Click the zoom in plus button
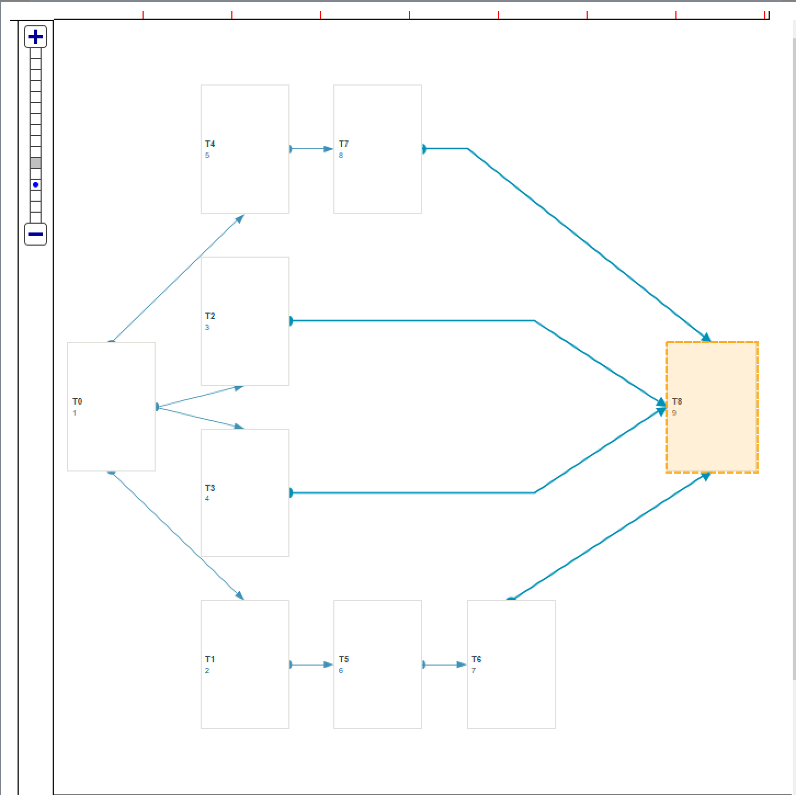click(36, 37)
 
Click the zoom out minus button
click(36, 234)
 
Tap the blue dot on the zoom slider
click(36, 185)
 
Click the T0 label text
click(77, 401)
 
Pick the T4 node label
click(210, 144)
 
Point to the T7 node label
click(344, 144)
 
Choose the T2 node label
click(210, 316)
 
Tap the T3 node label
click(210, 488)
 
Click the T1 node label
click(210, 659)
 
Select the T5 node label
click(344, 659)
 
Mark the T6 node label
click(476, 659)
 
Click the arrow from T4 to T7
click(311, 149)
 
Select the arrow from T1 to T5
click(311, 665)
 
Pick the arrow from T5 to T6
click(445, 665)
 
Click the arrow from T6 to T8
click(609, 537)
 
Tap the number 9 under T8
click(674, 413)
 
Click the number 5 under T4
click(207, 155)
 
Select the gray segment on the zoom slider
click(36, 163)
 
